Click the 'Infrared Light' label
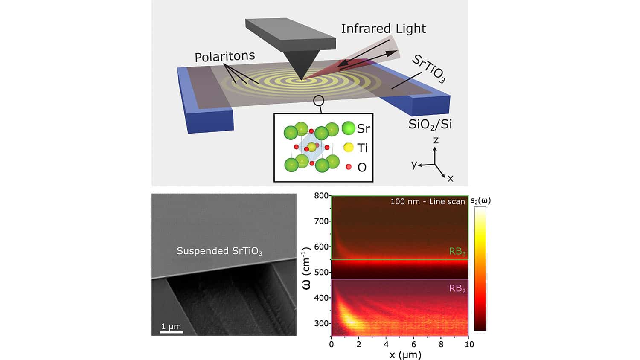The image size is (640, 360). [383, 29]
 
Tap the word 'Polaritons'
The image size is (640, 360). [224, 56]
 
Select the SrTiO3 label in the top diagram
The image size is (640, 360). [428, 69]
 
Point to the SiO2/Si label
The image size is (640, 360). [430, 124]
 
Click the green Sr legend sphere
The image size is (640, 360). [349, 128]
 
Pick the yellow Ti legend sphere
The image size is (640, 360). [349, 148]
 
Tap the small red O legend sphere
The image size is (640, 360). [349, 167]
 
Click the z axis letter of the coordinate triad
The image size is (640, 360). [436, 140]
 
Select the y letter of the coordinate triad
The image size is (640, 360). [414, 164]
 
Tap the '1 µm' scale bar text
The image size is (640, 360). [171, 327]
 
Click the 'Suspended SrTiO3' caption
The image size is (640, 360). [219, 251]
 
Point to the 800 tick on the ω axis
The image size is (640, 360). [321, 196]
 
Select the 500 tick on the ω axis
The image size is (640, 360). [321, 272]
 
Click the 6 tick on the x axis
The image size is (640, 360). [413, 344]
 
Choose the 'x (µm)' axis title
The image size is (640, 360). [399, 354]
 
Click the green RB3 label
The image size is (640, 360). [457, 252]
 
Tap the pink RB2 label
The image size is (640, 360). [457, 289]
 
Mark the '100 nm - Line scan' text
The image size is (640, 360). [428, 201]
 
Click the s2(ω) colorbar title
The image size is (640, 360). [481, 200]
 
